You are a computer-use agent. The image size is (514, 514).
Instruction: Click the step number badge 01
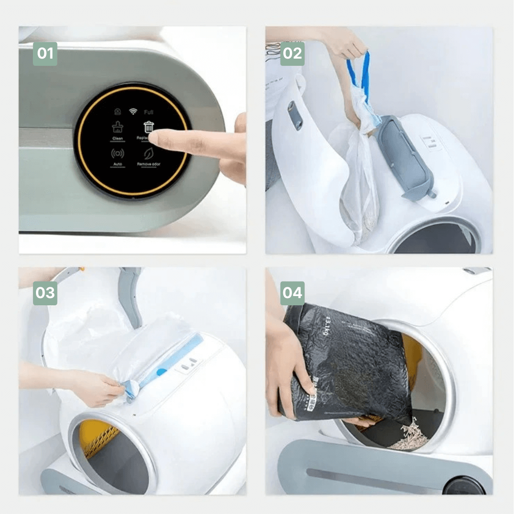tap(45, 53)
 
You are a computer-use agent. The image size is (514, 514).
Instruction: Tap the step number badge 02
tap(292, 53)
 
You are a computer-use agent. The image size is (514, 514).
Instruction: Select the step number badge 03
tap(45, 293)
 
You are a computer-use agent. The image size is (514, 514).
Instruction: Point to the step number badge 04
tap(292, 293)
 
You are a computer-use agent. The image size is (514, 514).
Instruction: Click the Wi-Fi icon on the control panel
tap(132, 111)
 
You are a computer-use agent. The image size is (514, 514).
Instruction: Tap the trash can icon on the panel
tap(149, 126)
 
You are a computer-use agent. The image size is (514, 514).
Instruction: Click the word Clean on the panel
tap(117, 139)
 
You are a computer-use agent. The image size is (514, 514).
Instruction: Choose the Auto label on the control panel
tap(117, 164)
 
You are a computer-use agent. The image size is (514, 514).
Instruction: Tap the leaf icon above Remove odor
tap(149, 153)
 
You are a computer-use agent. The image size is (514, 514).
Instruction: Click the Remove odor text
tap(149, 164)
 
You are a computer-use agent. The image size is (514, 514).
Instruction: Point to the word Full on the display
tap(149, 112)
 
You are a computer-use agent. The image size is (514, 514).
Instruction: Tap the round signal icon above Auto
tap(117, 153)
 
